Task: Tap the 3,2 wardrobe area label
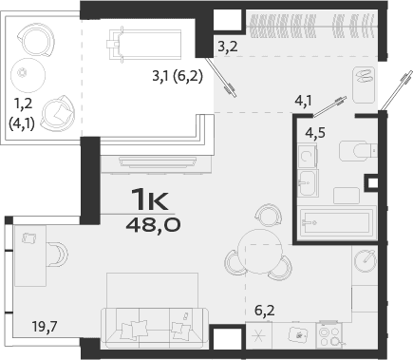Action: [227, 45]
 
